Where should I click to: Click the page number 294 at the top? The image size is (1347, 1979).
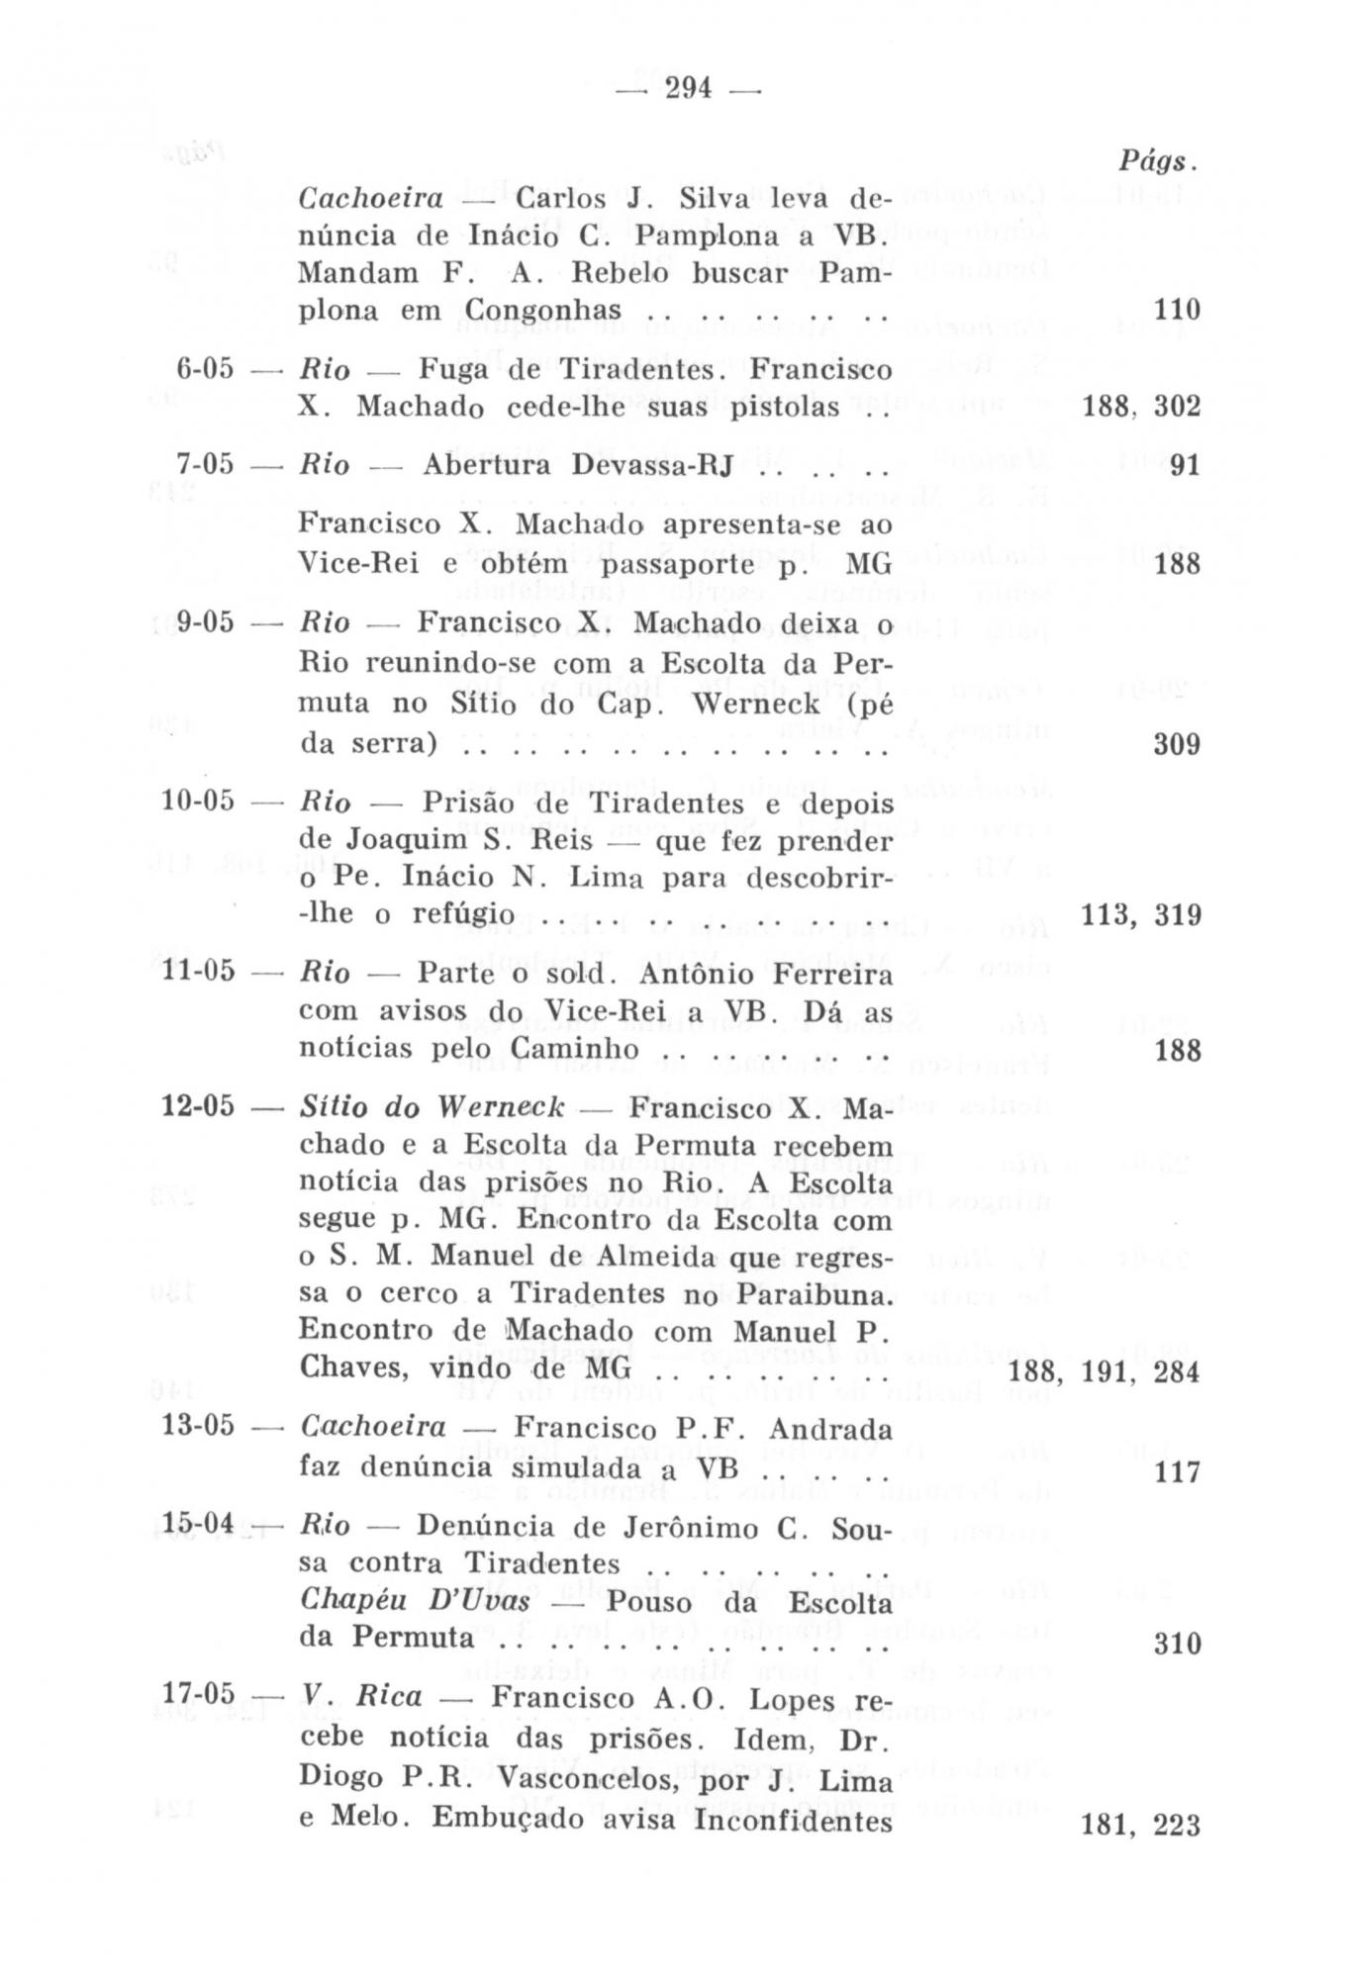[x=688, y=89]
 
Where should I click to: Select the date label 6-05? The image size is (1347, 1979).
[x=205, y=369]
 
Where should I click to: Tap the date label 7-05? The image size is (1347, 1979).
[x=205, y=464]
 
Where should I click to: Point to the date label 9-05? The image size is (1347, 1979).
[x=205, y=622]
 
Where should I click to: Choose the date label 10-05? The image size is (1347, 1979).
[x=198, y=800]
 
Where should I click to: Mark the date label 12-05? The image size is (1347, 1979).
[x=198, y=1105]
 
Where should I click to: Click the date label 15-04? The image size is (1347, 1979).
[x=198, y=1525]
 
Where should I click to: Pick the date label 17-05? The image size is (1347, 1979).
[x=198, y=1696]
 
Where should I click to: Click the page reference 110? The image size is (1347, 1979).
[x=1177, y=311]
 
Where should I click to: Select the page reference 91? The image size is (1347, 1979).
[x=1185, y=465]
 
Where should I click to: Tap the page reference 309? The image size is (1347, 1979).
[x=1177, y=744]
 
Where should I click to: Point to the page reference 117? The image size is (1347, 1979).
[x=1177, y=1472]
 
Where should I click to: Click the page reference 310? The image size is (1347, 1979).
[x=1177, y=1644]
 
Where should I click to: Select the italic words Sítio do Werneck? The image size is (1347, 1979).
[x=432, y=1106]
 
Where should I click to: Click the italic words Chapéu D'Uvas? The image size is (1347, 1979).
[x=415, y=1602]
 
